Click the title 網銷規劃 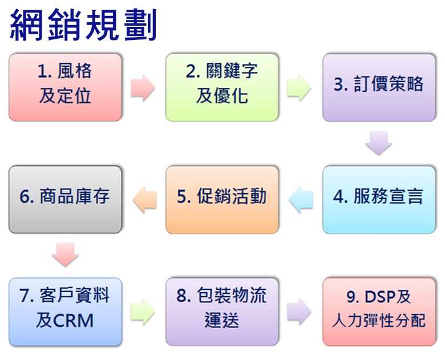83,25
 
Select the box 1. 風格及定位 65,87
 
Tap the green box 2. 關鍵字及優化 222,87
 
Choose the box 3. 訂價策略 379,87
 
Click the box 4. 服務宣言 379,200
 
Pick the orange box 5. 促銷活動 222,200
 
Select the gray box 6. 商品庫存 65,200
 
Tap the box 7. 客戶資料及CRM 65,312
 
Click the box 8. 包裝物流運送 222,312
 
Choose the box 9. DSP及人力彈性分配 379,312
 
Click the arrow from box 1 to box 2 143,88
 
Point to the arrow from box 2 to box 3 299,88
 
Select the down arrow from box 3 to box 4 379,143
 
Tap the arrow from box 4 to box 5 301,200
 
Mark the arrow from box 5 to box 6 144,200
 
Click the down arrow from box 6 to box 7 65,254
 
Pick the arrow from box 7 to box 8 143,312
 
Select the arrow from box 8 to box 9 299,312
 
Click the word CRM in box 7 73,321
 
